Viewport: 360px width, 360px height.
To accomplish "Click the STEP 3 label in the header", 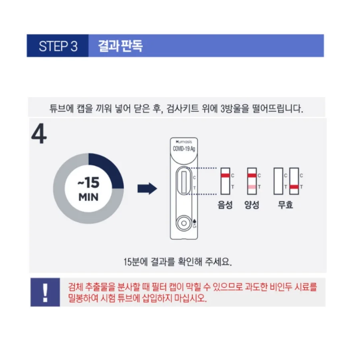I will (x=58, y=46).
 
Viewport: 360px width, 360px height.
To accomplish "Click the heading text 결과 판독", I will (x=120, y=46).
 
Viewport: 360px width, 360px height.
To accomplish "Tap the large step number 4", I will (x=39, y=136).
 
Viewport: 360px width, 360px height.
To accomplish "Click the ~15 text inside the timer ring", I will (x=88, y=184).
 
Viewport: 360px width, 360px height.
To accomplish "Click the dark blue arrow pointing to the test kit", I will (x=147, y=189).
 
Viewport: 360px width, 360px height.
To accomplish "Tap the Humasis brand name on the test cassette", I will (x=184, y=142).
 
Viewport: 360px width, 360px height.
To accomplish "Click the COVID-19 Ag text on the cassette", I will (x=184, y=149).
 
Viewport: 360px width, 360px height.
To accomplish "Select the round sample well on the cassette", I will (x=184, y=222).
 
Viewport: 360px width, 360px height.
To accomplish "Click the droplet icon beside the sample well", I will (x=194, y=221).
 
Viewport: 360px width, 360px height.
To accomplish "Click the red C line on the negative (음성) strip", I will (x=225, y=176).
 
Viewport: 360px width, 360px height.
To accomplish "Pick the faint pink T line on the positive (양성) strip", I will (x=252, y=187).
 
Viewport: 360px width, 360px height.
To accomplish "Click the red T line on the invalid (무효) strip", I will (x=295, y=187).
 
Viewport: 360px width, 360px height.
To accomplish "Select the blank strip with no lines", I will (x=278, y=181).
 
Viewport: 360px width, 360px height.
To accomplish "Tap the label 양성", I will (x=252, y=205).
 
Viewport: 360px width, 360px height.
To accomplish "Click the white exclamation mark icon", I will (x=45, y=293).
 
